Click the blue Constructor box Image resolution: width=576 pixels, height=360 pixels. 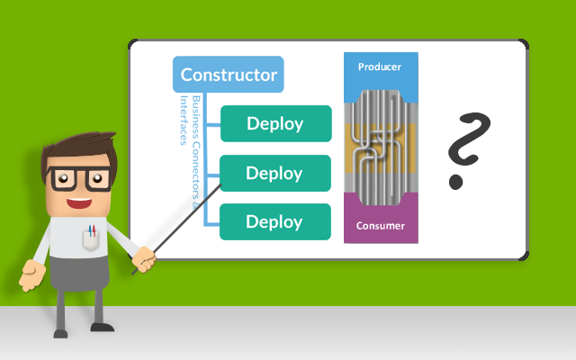coord(229,75)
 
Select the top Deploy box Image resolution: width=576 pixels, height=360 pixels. coord(275,123)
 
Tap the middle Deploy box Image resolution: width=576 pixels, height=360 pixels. coord(275,173)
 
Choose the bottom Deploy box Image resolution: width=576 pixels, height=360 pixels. coord(275,221)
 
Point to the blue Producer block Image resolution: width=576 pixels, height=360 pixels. coord(380,72)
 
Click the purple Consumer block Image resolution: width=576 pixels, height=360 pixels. coord(380,225)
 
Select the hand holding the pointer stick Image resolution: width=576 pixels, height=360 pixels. coord(144,260)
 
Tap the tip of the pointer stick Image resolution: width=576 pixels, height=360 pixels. coord(221,184)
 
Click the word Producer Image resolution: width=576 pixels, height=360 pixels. coord(380,67)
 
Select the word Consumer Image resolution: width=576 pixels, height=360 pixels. coord(380,226)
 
